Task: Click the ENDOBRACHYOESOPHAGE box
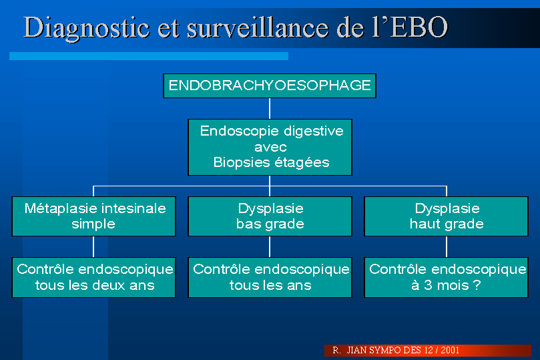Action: point(269,85)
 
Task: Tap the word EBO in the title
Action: point(419,27)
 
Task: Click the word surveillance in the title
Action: point(258,27)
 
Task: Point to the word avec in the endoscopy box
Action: point(270,148)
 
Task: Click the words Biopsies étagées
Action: point(272,162)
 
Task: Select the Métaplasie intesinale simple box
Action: point(93,216)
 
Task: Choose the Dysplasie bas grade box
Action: point(270,216)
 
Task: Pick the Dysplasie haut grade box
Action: point(447,216)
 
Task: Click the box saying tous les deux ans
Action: point(93,277)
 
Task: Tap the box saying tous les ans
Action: point(270,277)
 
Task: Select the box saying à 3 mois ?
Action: point(447,277)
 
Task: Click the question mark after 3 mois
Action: point(477,285)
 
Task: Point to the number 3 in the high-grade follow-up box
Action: point(428,285)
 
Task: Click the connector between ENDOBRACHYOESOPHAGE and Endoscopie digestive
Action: point(270,108)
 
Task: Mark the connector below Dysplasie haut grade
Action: point(447,246)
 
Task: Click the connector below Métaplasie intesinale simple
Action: point(93,246)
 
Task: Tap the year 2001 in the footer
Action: point(450,351)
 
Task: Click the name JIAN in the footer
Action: point(356,351)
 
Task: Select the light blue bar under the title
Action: point(149,56)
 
